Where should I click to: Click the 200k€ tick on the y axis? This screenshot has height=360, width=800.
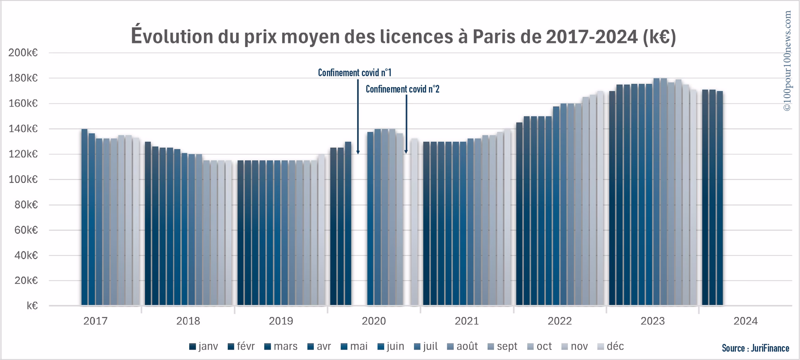click(x=23, y=53)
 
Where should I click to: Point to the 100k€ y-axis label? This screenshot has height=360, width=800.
click(x=23, y=180)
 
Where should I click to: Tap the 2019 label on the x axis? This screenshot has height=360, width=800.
click(x=281, y=321)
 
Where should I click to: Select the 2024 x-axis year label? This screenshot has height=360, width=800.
click(x=745, y=321)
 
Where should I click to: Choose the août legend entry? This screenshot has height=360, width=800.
click(x=462, y=347)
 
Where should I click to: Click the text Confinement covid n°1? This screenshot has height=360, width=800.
click(x=355, y=73)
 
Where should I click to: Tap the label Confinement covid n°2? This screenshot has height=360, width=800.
click(x=402, y=89)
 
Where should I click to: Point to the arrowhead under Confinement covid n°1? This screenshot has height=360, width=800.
click(x=358, y=152)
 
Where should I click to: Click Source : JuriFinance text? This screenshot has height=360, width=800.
click(x=755, y=348)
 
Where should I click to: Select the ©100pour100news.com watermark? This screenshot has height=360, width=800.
click(x=787, y=60)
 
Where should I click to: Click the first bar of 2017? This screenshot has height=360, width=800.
click(x=85, y=217)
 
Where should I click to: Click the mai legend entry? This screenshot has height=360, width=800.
click(x=354, y=347)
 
